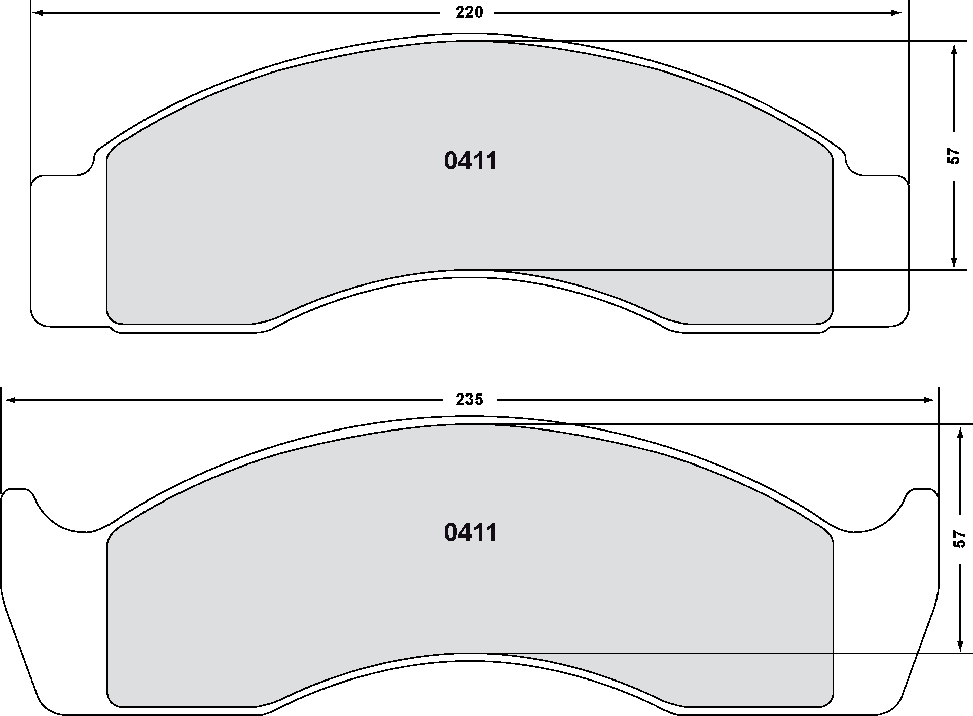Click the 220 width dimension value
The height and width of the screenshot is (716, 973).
pos(469,12)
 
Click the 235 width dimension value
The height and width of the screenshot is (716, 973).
pos(469,400)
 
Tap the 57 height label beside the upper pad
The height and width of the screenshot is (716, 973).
pos(954,156)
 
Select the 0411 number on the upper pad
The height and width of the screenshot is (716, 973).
pos(471,161)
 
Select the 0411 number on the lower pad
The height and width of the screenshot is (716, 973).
pos(471,533)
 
